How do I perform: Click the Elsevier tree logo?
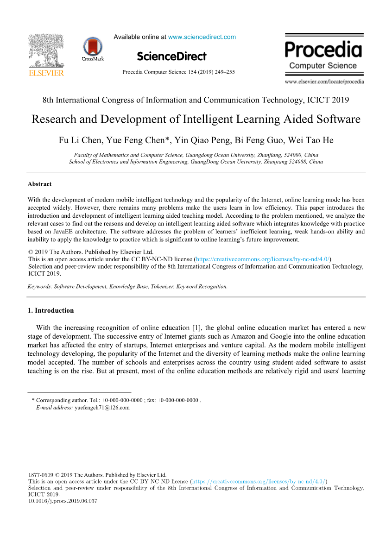click(x=46, y=52)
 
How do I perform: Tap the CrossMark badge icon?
click(x=93, y=47)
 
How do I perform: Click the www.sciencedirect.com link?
click(x=202, y=37)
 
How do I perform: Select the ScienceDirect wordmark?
click(x=172, y=57)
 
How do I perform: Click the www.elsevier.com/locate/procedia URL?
click(x=324, y=82)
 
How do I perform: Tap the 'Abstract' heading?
click(x=40, y=184)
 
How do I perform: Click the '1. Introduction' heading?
click(x=51, y=310)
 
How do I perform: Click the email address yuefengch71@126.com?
click(x=102, y=408)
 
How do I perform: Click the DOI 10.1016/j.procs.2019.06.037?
click(x=63, y=501)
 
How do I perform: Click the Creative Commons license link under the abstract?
click(x=263, y=259)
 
